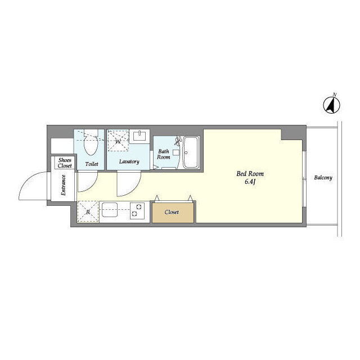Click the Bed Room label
click(250, 174)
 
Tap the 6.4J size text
click(250, 182)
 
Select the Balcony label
click(323, 178)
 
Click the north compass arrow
click(331, 105)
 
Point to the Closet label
click(172, 212)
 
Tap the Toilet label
click(92, 164)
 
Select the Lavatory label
click(129, 161)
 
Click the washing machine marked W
click(118, 141)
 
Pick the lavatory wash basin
click(139, 136)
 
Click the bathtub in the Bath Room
click(191, 152)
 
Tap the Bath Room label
click(164, 154)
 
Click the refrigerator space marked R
click(88, 211)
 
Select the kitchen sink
click(110, 210)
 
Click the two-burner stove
click(137, 210)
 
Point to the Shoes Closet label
click(65, 163)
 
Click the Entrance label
click(63, 185)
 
